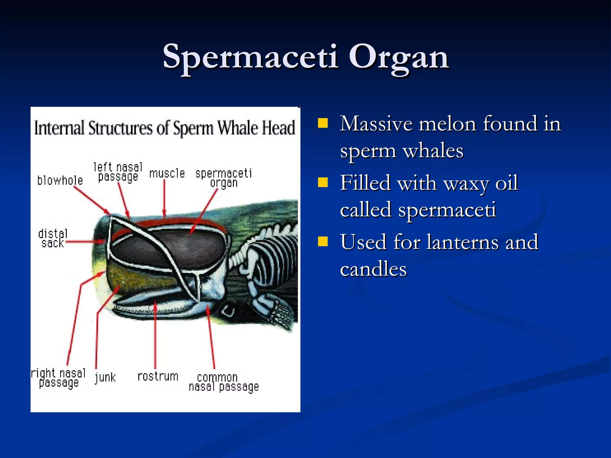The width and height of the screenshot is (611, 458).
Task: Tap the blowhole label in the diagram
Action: (x=60, y=181)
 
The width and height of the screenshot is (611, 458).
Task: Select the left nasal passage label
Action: (x=118, y=172)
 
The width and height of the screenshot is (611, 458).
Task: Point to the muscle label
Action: (x=167, y=174)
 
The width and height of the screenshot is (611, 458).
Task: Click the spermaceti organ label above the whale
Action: (x=224, y=178)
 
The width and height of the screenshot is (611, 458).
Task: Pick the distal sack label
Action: (x=53, y=239)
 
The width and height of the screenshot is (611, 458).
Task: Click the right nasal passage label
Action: (x=58, y=378)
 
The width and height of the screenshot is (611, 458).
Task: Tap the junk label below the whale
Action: (x=105, y=377)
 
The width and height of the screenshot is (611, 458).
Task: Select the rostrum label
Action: (x=158, y=377)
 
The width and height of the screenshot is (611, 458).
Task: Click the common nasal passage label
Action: (x=223, y=382)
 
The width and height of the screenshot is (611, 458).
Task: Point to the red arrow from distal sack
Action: (x=85, y=242)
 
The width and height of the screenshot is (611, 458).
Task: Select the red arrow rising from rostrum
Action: (x=155, y=337)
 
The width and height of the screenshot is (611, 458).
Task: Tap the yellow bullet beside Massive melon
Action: (x=323, y=123)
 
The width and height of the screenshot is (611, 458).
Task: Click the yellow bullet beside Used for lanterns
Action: (x=323, y=242)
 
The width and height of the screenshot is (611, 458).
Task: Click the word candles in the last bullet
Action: (x=373, y=269)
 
